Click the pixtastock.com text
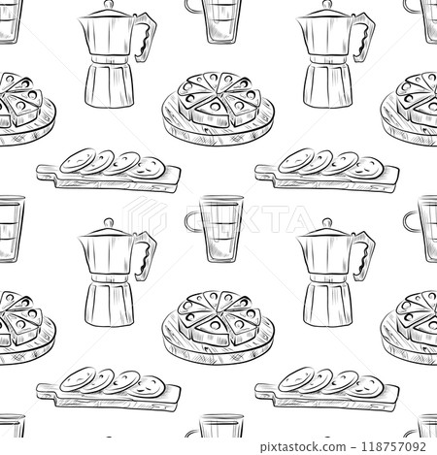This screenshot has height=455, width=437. [303, 447]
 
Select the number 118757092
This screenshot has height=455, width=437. [393, 446]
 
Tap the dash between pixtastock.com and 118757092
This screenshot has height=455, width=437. [353, 447]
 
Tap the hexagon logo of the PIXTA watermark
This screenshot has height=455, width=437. [146, 215]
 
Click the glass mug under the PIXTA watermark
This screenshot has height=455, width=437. [215, 228]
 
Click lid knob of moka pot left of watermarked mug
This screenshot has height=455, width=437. [109, 222]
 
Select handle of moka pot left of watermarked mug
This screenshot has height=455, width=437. [146, 255]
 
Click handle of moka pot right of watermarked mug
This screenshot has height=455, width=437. [364, 255]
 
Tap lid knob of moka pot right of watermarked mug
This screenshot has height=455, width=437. [327, 222]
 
